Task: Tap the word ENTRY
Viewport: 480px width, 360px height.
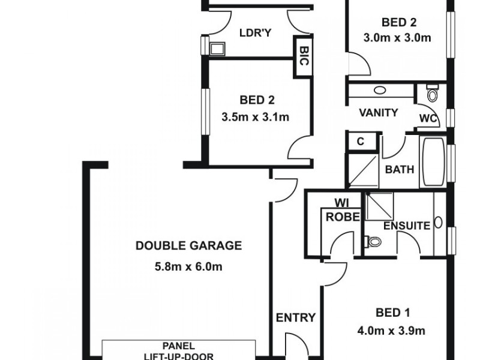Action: (295, 318)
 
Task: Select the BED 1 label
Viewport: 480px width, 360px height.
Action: (393, 312)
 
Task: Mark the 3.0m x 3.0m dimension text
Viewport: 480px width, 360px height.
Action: (398, 38)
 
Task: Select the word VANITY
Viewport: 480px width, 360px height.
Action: (379, 113)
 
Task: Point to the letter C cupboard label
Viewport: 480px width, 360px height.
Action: (361, 142)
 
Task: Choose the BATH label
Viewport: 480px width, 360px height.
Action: (400, 170)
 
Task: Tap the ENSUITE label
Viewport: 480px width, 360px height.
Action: (407, 226)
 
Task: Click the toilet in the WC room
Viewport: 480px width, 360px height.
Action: (432, 94)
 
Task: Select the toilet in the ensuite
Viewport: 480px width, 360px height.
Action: (375, 242)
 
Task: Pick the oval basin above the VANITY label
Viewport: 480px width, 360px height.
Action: (380, 91)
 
